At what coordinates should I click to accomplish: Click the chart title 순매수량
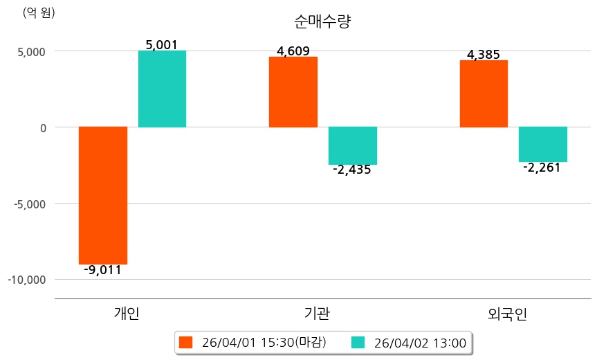pos(323,21)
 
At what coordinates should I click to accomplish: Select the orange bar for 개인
pos(103,195)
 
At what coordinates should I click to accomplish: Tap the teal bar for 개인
pos(162,89)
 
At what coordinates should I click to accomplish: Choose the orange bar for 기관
pos(293,91)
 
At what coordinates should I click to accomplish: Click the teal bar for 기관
pos(353,145)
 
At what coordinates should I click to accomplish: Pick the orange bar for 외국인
pos(484,93)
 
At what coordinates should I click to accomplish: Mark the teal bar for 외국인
pos(543,144)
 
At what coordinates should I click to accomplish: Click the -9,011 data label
pos(102,271)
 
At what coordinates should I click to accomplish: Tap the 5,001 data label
pos(162,45)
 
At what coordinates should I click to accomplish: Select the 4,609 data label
pos(293,51)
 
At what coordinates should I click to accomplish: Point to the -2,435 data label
pos(352,170)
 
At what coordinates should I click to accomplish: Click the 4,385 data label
pos(484,55)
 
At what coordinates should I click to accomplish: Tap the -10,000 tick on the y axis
pos(27,280)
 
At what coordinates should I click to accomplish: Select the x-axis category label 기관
pos(317,314)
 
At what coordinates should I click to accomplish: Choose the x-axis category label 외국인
pos(507,314)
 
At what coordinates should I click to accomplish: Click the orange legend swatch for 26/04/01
pos(185,342)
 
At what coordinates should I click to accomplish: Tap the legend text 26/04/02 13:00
pos(419,342)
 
